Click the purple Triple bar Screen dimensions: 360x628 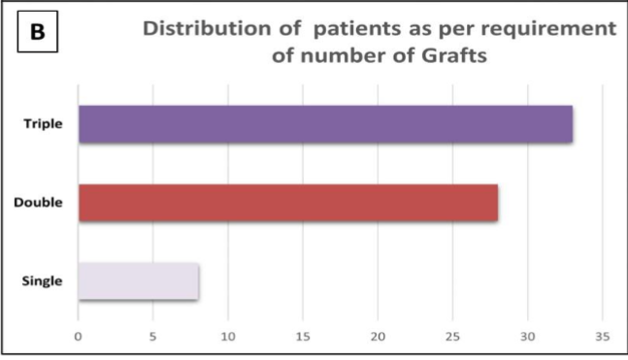(325, 124)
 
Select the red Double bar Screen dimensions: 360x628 (287, 203)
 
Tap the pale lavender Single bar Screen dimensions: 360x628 (138, 281)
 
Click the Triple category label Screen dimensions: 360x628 (43, 124)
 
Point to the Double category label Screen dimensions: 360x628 (39, 203)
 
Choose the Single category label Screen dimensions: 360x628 (42, 281)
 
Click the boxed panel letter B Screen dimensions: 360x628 (38, 31)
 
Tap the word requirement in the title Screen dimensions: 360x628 (550, 28)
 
